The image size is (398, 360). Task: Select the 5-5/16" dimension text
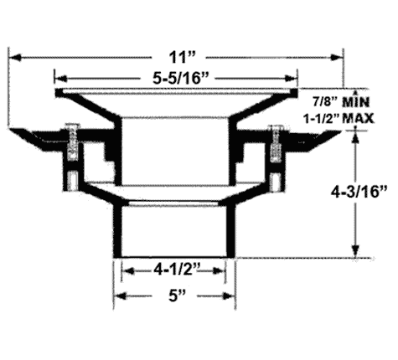pyautogui.click(x=181, y=79)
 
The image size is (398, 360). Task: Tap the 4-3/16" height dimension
pyautogui.click(x=359, y=192)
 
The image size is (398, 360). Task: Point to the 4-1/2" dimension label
pyautogui.click(x=177, y=270)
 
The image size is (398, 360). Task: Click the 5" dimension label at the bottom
pyautogui.click(x=177, y=296)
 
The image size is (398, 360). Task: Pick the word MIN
pyautogui.click(x=356, y=102)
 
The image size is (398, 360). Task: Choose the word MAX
pyautogui.click(x=358, y=119)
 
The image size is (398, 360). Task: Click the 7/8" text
pyautogui.click(x=325, y=102)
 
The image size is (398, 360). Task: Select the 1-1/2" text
pyautogui.click(x=321, y=119)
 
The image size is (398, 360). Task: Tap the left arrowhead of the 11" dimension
pyautogui.click(x=15, y=58)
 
